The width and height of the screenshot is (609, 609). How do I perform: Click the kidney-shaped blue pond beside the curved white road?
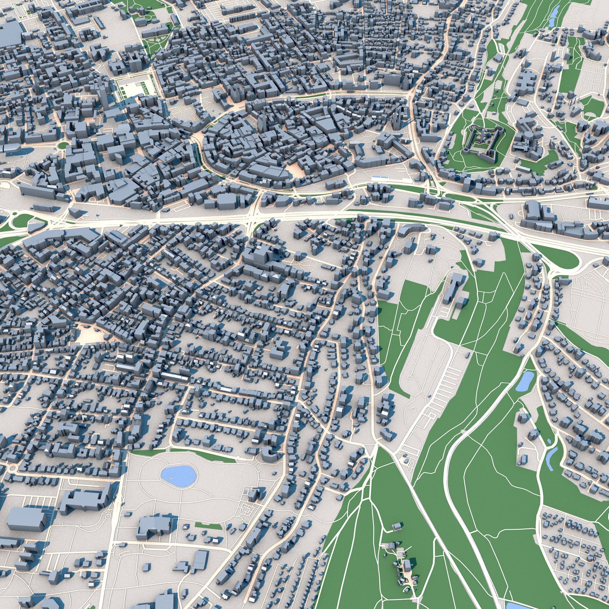click(525, 381)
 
